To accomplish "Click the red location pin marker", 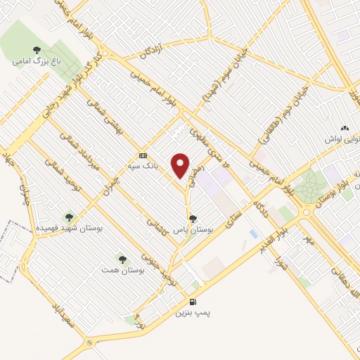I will tap(181, 167).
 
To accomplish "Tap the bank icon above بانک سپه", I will tap(143, 155).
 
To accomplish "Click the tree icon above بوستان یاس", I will tap(193, 219).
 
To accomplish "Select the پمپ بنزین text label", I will tap(192, 311).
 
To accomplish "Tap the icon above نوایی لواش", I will tap(344, 128).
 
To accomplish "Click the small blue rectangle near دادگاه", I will tap(253, 233).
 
